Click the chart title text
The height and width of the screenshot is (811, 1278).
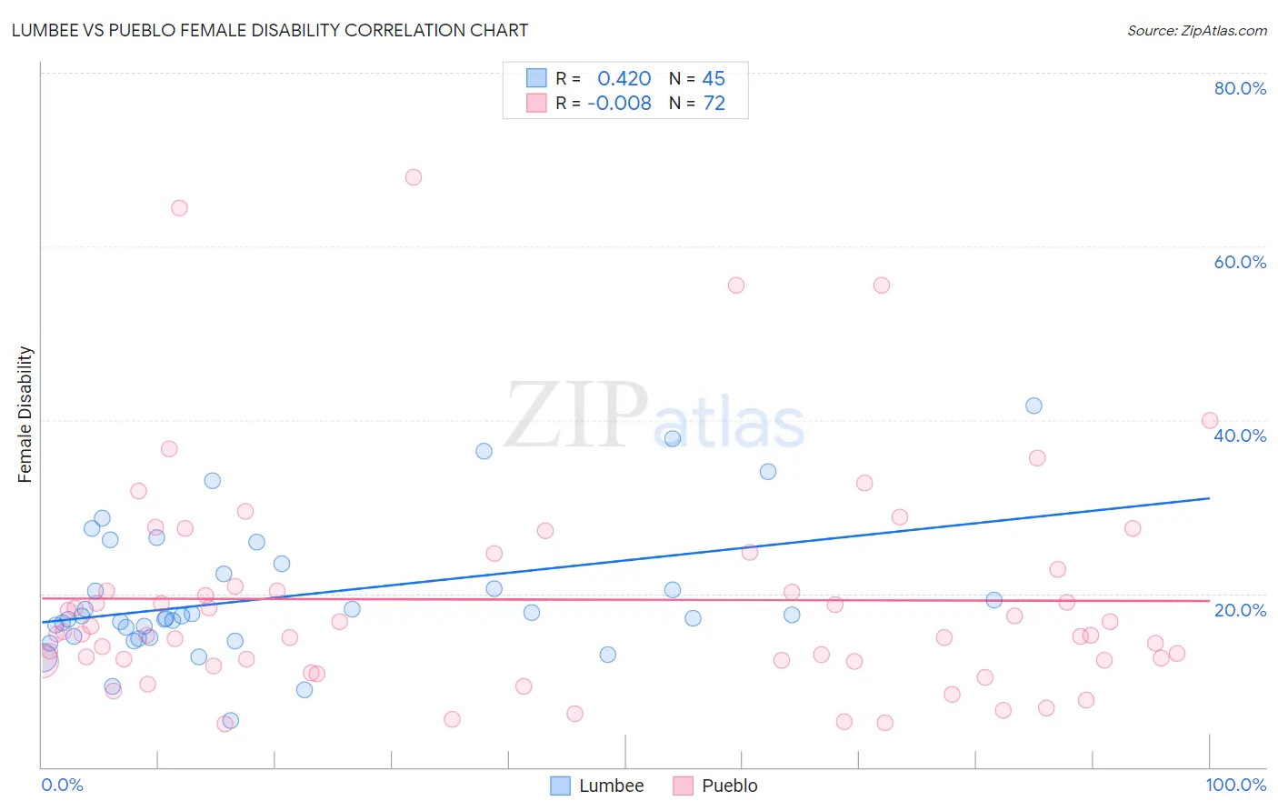[x=269, y=30]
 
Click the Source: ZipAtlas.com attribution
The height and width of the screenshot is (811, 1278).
[x=1196, y=30]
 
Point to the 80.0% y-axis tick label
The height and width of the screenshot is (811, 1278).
[x=1240, y=88]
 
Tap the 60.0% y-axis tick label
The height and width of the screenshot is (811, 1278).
[x=1240, y=262]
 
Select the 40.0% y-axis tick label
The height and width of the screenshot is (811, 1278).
[x=1240, y=436]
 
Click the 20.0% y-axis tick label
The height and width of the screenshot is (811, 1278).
[x=1240, y=610]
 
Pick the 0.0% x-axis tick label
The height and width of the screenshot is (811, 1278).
[x=62, y=785]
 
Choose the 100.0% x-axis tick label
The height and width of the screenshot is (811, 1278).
[x=1235, y=785]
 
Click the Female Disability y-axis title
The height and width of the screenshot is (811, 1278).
[x=25, y=415]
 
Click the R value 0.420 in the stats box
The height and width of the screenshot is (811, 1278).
[x=624, y=79]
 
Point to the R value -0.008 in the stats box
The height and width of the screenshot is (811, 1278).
[x=619, y=104]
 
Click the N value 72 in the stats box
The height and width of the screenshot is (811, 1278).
[x=714, y=104]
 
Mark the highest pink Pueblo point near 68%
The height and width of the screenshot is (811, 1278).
[x=414, y=177]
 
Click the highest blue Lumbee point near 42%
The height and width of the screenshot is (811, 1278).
[x=1033, y=405]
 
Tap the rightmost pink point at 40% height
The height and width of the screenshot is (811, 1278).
[x=1210, y=420]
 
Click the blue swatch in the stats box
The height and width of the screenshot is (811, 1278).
[x=536, y=78]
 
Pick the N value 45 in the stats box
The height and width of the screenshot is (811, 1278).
[x=714, y=79]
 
